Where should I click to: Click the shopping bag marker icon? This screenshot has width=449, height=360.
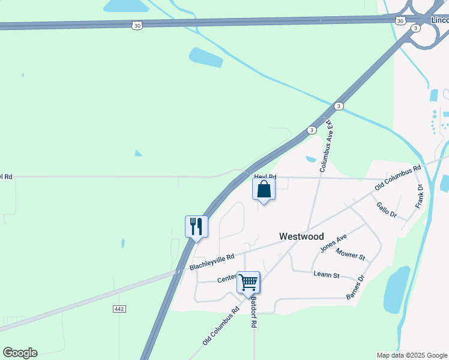coord(264,190)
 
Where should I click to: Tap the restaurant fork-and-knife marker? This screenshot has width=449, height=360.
coord(196,227)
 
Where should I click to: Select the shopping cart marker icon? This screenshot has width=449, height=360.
coord(248,282)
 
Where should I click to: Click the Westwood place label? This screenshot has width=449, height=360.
coord(302,237)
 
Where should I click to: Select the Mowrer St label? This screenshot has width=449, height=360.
coord(351,254)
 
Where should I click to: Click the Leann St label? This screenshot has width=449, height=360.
coord(327,275)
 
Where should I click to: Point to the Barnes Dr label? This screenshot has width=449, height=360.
coord(355,287)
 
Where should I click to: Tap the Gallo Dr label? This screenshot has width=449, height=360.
coord(387,209)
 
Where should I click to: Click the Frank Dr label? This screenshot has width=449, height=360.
coord(420,197)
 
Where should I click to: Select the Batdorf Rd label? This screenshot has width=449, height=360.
coord(254,311)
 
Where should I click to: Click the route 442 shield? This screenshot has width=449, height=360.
coord(118,308)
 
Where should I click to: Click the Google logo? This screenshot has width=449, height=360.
coord(20,353)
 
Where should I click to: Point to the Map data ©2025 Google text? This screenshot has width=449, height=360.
coord(412,355)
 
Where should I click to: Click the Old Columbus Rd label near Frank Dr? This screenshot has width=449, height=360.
coord(397,179)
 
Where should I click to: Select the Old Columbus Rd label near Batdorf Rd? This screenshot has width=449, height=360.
coord(221,326)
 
